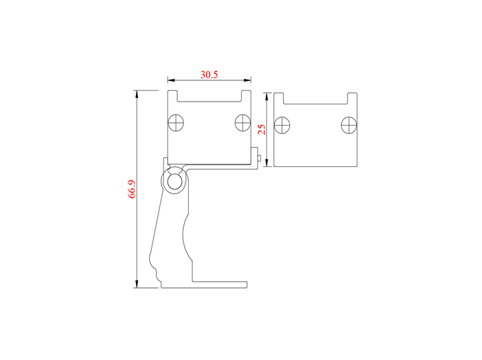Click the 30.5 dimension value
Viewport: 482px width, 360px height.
point(209,74)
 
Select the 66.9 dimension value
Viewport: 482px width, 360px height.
point(132,189)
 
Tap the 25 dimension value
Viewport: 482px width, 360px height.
point(262,130)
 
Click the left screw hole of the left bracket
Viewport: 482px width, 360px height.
point(176,123)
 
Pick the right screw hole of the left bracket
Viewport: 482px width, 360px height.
point(243,123)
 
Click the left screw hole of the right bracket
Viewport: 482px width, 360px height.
point(282,125)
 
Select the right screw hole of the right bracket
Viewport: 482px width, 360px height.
point(349,125)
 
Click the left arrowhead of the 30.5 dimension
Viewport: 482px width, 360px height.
point(171,80)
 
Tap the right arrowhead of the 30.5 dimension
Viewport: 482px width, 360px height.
point(247,80)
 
